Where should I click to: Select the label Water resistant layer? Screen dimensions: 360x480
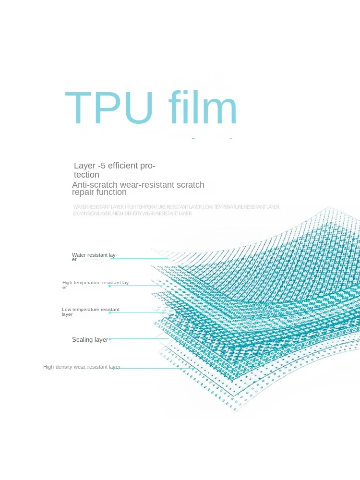click(x=94, y=257)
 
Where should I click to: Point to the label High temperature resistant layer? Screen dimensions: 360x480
click(x=96, y=285)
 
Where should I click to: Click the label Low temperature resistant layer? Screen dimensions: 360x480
click(x=90, y=312)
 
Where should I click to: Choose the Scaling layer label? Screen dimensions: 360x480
click(x=90, y=339)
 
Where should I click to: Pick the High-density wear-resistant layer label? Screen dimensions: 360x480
click(x=82, y=367)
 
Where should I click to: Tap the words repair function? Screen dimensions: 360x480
click(x=99, y=192)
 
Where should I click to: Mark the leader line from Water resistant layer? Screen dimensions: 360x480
click(x=139, y=259)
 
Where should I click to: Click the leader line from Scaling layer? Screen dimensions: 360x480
click(x=139, y=339)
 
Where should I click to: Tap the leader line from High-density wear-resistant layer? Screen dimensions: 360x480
click(x=149, y=368)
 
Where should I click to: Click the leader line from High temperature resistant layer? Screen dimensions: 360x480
click(x=139, y=286)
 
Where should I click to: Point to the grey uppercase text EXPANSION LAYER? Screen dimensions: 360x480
click(x=92, y=214)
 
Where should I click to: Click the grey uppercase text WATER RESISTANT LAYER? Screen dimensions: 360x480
click(x=98, y=207)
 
